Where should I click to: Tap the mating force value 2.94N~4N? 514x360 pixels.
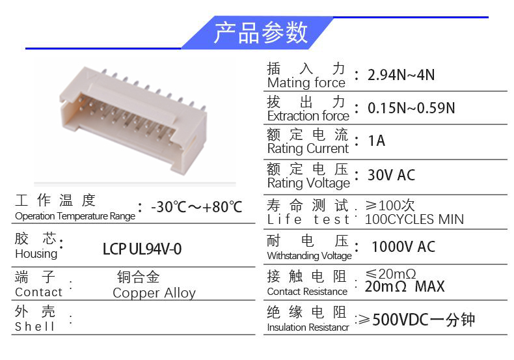pyautogui.click(x=401, y=75)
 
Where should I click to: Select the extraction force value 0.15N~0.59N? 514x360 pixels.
pyautogui.click(x=411, y=108)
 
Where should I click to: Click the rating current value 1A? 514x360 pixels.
pyautogui.click(x=377, y=141)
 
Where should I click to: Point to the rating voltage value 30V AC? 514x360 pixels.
pyautogui.click(x=391, y=174)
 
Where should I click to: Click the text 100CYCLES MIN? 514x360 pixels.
pyautogui.click(x=414, y=219)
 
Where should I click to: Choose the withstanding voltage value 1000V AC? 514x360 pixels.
pyautogui.click(x=403, y=247)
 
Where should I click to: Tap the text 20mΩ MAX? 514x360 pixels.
pyautogui.click(x=405, y=286)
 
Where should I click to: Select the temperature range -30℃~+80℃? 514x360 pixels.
pyautogui.click(x=196, y=207)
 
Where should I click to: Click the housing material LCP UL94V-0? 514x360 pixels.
pyautogui.click(x=142, y=249)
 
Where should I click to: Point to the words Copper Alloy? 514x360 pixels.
pyautogui.click(x=154, y=293)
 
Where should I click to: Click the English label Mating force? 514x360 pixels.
pyautogui.click(x=306, y=83)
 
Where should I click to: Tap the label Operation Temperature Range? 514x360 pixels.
pyautogui.click(x=75, y=216)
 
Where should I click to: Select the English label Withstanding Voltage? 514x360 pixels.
pyautogui.click(x=309, y=256)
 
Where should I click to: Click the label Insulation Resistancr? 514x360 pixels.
pyautogui.click(x=308, y=327)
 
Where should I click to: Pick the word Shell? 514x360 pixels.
pyautogui.click(x=34, y=327)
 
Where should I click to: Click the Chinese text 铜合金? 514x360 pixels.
pyautogui.click(x=138, y=277)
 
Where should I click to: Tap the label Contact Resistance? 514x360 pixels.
pyautogui.click(x=307, y=292)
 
